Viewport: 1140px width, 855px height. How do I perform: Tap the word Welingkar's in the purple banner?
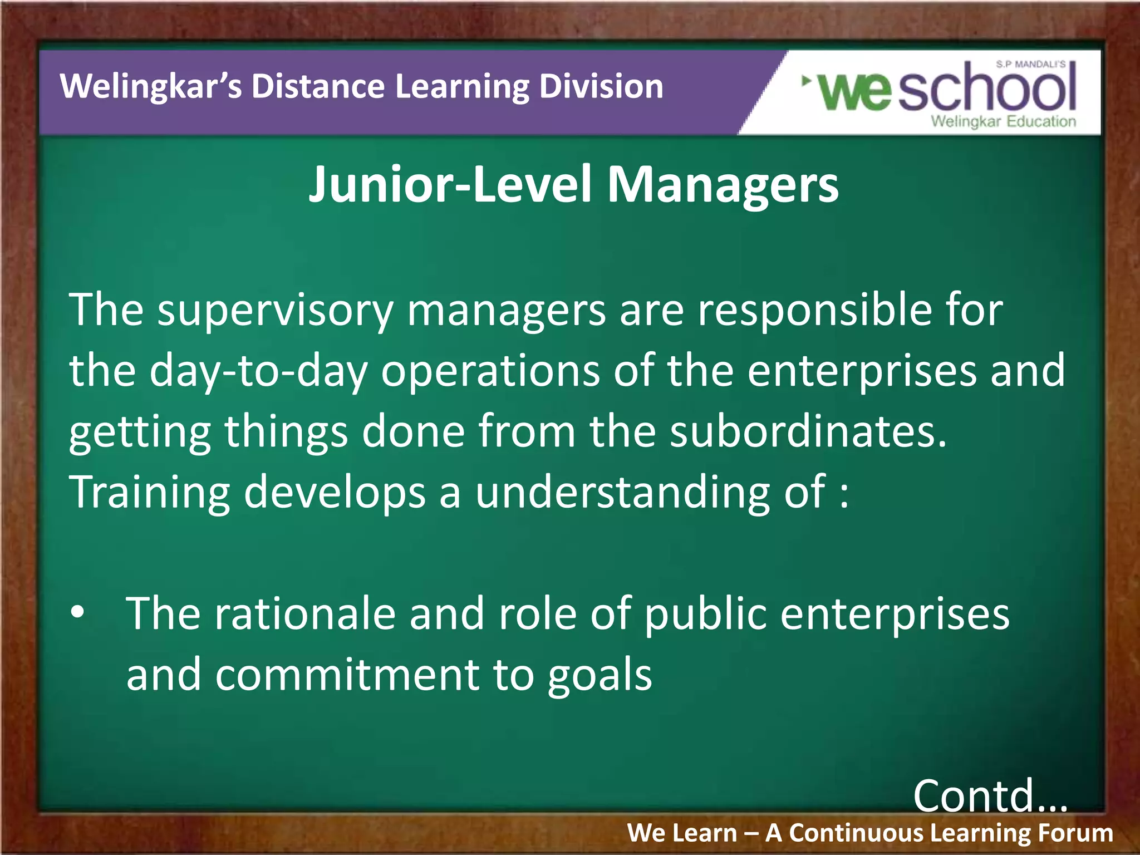tap(151, 87)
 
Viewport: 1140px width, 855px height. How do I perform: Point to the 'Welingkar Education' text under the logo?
tap(1003, 121)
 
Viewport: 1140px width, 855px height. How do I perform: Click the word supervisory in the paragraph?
tap(276, 311)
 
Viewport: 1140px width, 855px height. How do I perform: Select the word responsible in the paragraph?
tap(815, 309)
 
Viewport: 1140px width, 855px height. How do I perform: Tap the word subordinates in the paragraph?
tap(807, 431)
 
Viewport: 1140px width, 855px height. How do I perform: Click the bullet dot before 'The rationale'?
tap(77, 612)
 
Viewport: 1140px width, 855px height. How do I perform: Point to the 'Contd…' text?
tap(990, 796)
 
